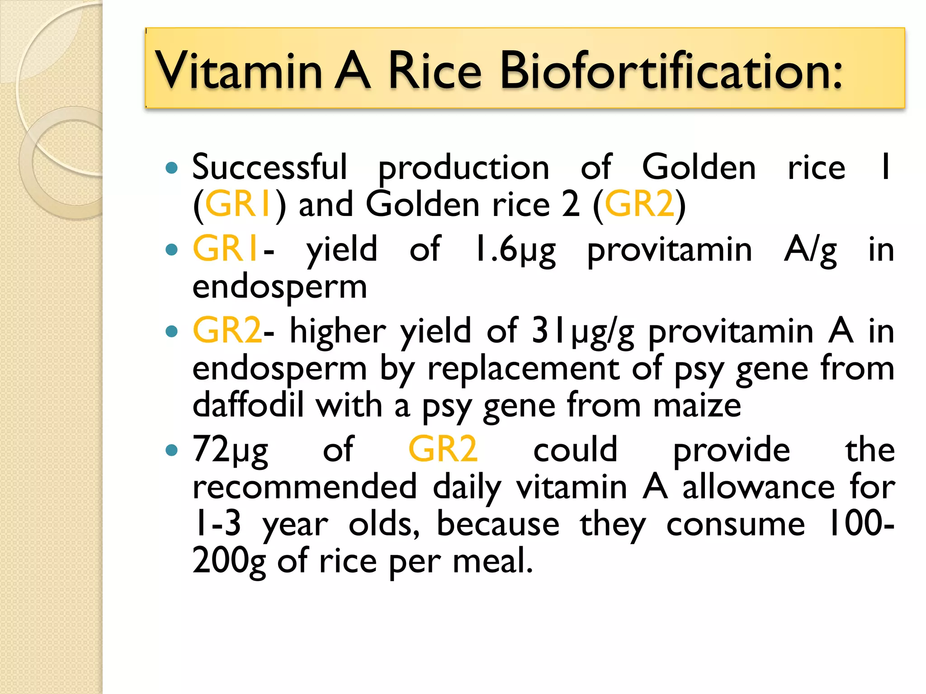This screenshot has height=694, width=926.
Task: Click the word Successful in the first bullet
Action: (x=270, y=167)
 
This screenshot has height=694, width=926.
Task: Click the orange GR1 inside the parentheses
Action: (x=238, y=204)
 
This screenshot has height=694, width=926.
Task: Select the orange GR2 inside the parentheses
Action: (x=639, y=204)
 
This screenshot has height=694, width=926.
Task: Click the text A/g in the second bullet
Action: (x=811, y=250)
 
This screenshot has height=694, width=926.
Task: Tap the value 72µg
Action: (x=230, y=450)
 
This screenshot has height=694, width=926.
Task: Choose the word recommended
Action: (x=304, y=487)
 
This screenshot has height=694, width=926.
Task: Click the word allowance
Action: (x=758, y=487)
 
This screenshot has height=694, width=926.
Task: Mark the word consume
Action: (x=736, y=524)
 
